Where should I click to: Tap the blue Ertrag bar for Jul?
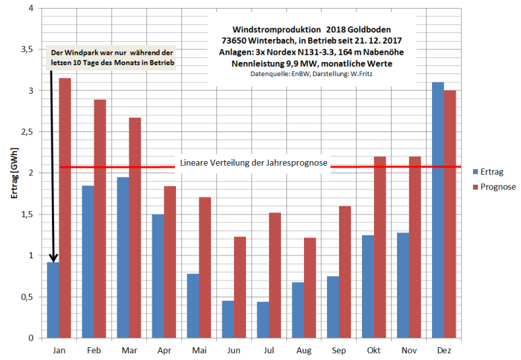click(263, 320)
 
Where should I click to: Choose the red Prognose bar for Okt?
click(380, 247)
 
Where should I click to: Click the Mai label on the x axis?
click(199, 351)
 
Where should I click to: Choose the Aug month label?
click(304, 351)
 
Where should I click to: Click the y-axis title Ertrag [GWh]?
click(13, 173)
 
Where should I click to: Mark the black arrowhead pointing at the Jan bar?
click(53, 258)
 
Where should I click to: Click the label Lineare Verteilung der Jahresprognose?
click(253, 163)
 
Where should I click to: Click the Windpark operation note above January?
click(113, 57)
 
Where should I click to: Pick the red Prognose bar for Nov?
click(415, 247)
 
